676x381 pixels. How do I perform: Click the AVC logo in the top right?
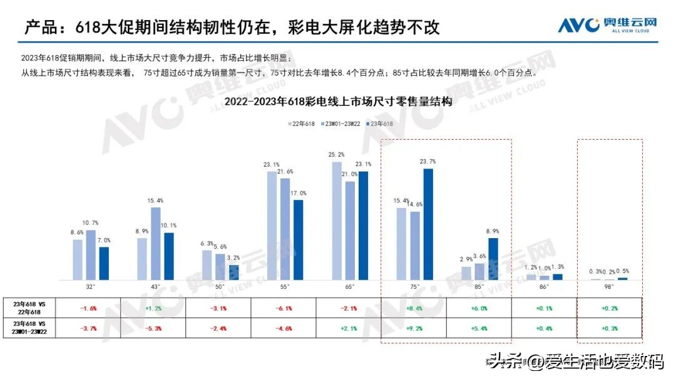pyautogui.click(x=607, y=25)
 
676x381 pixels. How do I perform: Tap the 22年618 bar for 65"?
pyautogui.click(x=337, y=220)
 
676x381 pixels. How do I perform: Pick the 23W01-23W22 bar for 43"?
pyautogui.click(x=155, y=243)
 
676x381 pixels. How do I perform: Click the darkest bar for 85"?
pyautogui.click(x=493, y=258)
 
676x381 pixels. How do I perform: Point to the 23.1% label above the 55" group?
pyautogui.click(x=271, y=165)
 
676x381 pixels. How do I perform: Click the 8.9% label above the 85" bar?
pyautogui.click(x=493, y=231)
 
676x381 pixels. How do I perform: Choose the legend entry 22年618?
pyautogui.click(x=302, y=123)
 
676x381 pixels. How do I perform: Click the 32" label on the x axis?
pyautogui.click(x=90, y=286)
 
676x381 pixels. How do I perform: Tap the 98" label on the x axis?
pyautogui.click(x=608, y=286)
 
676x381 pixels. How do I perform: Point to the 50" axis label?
pyautogui.click(x=220, y=286)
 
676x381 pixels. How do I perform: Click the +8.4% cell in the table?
pyautogui.click(x=414, y=308)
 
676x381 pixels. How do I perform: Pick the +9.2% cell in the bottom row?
pyautogui.click(x=414, y=328)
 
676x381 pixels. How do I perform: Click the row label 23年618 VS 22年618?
pyautogui.click(x=34, y=307)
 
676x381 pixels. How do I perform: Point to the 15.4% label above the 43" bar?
pyautogui.click(x=155, y=201)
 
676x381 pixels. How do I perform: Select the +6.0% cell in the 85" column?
pyautogui.click(x=479, y=308)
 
